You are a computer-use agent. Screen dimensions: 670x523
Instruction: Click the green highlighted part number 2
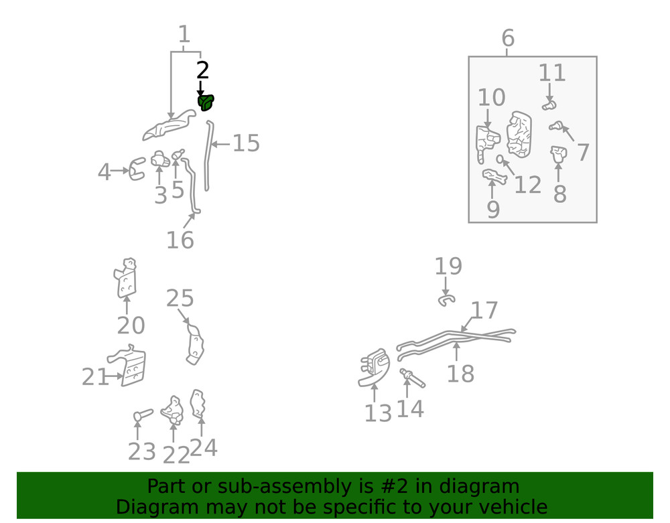coord(206,102)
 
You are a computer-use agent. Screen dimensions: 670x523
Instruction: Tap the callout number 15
coord(246,143)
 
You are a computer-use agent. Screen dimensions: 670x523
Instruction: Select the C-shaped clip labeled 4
coord(137,169)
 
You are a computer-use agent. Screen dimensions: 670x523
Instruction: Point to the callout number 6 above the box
coord(508,38)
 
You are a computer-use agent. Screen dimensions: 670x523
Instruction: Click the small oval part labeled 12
coord(500,159)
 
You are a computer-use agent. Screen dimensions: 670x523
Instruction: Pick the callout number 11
coord(552,73)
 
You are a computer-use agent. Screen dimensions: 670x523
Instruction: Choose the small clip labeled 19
coord(446,301)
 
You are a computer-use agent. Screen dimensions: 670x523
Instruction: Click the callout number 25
coord(180,298)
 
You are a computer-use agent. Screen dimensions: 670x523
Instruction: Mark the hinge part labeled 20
coord(126,277)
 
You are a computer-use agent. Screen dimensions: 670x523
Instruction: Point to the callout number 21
coord(95,377)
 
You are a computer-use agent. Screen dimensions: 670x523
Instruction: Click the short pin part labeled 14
coord(412,378)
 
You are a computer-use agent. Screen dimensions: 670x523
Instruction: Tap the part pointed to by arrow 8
coord(559,155)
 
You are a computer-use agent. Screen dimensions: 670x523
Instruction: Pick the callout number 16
coord(180,240)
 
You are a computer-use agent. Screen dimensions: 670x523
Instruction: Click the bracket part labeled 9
coord(494,176)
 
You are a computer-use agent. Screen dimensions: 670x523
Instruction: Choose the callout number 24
coord(204,447)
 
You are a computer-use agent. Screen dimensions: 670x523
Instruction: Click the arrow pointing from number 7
coord(568,133)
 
